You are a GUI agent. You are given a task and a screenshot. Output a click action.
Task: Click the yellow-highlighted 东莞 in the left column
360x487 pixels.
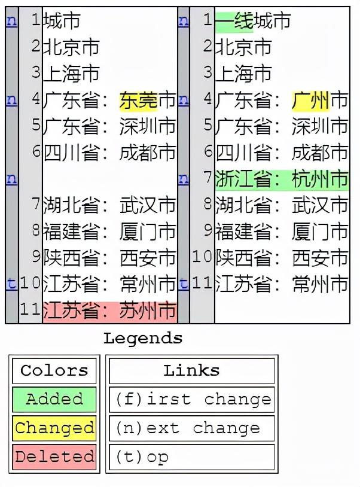138,101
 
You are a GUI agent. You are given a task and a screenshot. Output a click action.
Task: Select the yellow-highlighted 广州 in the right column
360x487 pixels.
310,101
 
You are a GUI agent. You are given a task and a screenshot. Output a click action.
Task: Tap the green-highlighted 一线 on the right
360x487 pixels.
234,21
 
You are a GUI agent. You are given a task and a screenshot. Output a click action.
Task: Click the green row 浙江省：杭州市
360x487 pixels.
281,179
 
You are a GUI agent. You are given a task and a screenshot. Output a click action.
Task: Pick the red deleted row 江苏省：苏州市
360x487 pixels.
110,311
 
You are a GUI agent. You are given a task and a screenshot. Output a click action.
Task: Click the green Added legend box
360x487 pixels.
54,399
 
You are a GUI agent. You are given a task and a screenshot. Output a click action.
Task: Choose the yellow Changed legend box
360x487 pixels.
54,428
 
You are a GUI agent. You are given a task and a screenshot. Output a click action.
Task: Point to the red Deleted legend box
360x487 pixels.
54,456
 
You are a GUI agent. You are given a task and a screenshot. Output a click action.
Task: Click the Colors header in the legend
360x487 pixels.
54,370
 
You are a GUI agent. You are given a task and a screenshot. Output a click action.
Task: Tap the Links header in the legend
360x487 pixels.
191,370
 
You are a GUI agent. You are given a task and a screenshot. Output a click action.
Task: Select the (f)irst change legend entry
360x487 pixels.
191,399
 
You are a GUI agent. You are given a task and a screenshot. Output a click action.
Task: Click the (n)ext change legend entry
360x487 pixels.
191,428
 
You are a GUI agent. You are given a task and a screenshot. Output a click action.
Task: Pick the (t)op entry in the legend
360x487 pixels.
191,456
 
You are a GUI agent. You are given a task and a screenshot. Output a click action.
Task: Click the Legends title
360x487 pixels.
143,338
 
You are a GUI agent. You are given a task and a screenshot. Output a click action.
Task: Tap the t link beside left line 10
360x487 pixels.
11,284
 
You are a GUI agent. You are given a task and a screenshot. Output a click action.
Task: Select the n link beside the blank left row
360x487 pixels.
11,179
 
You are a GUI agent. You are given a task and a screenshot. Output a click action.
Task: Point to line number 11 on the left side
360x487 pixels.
30,311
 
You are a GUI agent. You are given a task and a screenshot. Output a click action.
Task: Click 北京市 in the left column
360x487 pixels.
71,47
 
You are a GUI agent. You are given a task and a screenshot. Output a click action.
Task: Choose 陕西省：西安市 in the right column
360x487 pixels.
281,258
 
